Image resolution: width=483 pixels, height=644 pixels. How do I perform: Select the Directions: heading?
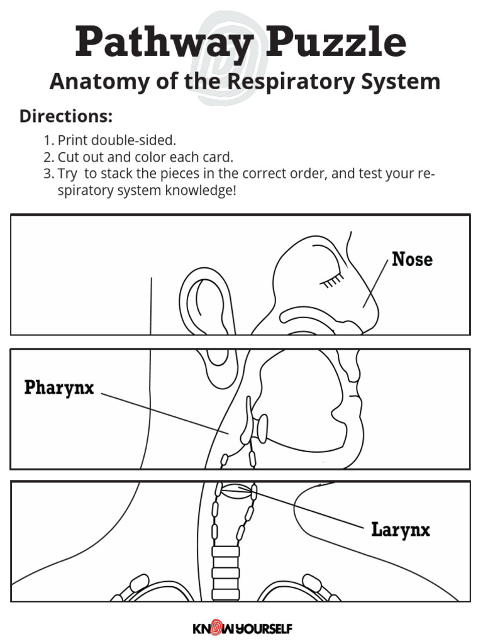66,116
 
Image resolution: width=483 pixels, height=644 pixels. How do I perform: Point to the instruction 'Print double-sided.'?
117,140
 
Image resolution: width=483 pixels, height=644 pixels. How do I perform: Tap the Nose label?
412,259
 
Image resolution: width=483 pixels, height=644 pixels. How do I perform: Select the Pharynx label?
59,387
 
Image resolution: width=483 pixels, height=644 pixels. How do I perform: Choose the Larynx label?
401,530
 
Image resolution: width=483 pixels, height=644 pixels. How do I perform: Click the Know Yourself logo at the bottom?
241,628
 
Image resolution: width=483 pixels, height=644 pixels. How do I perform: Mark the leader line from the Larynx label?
308,508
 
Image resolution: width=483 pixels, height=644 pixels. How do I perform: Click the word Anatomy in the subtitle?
94,82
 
